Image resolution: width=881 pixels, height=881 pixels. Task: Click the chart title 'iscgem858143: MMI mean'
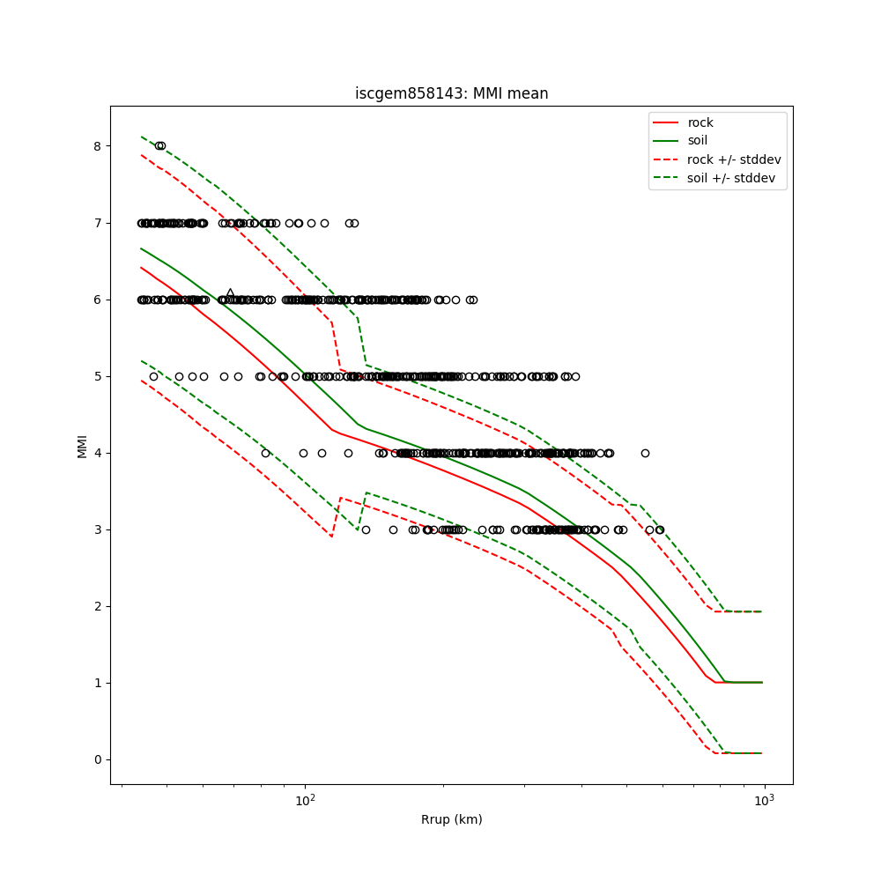[x=451, y=93]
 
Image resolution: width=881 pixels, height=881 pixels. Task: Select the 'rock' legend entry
[x=700, y=122]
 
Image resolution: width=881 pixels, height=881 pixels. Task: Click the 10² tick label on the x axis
[x=305, y=800]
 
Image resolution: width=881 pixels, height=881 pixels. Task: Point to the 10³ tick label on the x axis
[x=764, y=800]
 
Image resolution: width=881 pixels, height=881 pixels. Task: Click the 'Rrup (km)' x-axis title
[x=451, y=819]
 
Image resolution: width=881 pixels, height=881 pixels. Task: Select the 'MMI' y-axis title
[x=82, y=446]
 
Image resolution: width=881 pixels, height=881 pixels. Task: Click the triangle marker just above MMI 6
[x=230, y=293]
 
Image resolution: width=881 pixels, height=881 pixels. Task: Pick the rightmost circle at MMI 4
[x=645, y=453]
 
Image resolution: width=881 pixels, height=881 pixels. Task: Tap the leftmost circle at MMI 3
[x=366, y=529]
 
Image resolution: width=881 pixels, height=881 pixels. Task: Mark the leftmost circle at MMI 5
[x=153, y=376]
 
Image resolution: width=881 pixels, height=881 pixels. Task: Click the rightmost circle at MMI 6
[x=473, y=300]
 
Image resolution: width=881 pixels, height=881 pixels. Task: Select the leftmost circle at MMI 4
[x=265, y=453]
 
